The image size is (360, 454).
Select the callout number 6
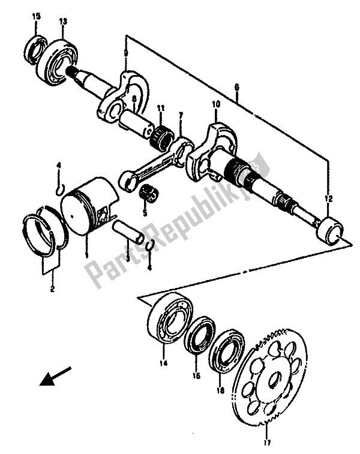pyautogui.click(x=237, y=88)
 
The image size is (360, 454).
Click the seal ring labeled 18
pyautogui.click(x=226, y=353)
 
